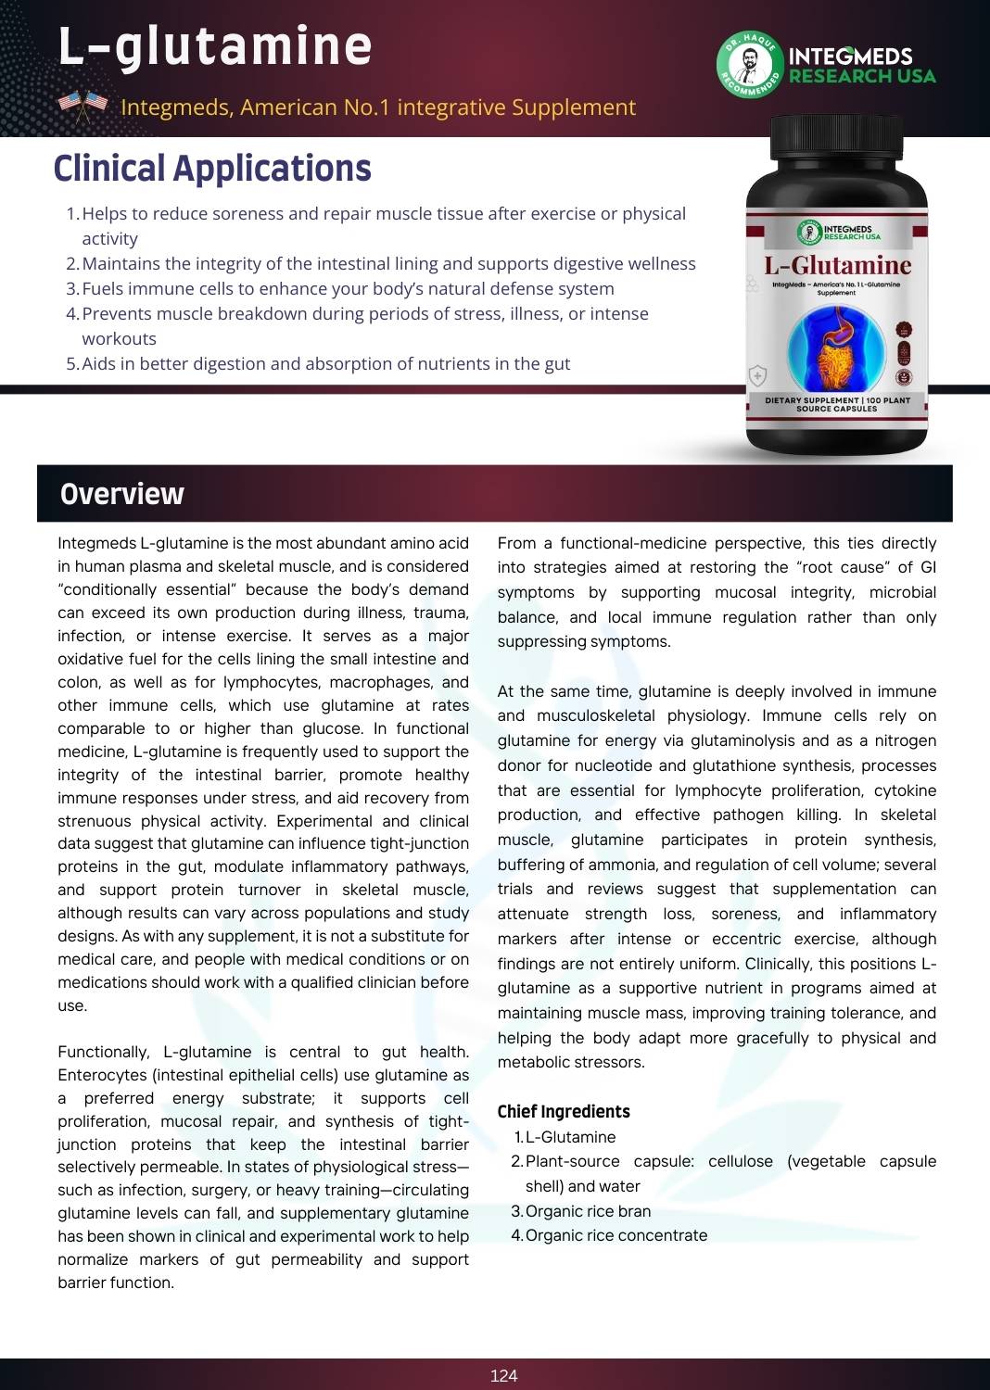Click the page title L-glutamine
[215, 46]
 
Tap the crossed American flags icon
[82, 107]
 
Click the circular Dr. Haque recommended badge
[748, 65]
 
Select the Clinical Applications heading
[212, 169]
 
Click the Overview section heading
[122, 494]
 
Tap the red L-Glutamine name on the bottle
[837, 266]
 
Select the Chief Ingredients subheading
[564, 1111]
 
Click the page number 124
[503, 1375]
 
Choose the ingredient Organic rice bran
[588, 1211]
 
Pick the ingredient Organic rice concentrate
[616, 1235]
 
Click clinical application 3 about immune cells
[348, 288]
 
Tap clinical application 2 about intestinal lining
[388, 263]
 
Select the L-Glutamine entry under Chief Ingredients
[570, 1137]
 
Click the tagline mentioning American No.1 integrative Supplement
[378, 107]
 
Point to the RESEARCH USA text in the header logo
[862, 76]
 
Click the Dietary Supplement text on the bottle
[837, 404]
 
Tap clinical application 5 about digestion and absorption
[325, 363]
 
